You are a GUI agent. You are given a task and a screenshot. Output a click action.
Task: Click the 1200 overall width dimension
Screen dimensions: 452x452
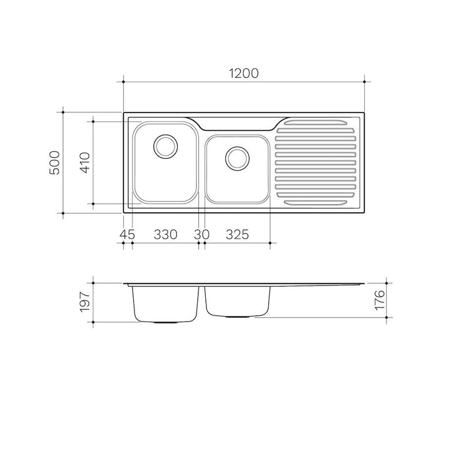pos(244,73)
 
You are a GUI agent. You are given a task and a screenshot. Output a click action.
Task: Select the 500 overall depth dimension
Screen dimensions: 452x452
pos(55,163)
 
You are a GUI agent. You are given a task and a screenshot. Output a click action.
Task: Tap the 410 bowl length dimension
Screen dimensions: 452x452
pos(85,163)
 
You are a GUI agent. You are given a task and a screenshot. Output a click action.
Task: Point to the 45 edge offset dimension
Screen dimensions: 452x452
pos(127,235)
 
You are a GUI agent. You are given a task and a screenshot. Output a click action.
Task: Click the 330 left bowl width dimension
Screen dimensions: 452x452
pos(166,235)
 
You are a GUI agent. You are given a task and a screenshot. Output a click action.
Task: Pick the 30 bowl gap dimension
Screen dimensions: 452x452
pos(202,235)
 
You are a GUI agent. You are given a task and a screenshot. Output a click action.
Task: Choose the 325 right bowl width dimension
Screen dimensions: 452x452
pos(237,235)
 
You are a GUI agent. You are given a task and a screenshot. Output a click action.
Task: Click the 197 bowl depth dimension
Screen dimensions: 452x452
pos(85,302)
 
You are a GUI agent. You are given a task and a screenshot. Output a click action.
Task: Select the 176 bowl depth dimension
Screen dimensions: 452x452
pos(380,300)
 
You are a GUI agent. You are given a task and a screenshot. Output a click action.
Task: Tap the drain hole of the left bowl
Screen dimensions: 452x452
pos(166,146)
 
